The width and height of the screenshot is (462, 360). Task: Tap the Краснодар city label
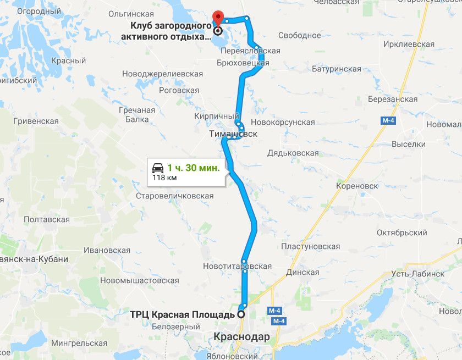click(x=243, y=336)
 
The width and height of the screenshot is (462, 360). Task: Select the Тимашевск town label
click(x=233, y=134)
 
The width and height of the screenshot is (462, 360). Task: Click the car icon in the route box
click(x=157, y=168)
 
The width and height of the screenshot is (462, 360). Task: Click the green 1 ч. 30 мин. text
click(x=194, y=168)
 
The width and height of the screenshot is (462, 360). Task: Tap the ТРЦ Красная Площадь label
click(x=182, y=315)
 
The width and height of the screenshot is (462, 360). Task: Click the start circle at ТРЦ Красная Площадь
click(x=240, y=315)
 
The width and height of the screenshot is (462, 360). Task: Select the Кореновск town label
click(x=357, y=186)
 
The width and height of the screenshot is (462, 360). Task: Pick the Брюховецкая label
click(x=242, y=63)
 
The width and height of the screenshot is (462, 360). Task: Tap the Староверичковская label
click(x=175, y=196)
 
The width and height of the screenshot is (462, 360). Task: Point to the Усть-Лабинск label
click(x=418, y=273)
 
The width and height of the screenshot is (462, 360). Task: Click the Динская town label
click(x=302, y=273)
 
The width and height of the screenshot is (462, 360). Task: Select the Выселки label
click(x=409, y=144)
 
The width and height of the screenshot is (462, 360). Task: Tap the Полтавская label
click(x=47, y=219)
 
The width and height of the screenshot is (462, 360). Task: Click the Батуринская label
click(x=337, y=69)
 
